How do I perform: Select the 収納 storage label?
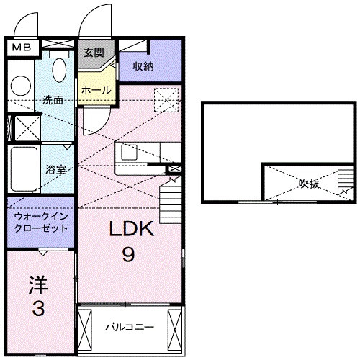coord(143,66)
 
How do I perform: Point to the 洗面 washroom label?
coord(52,100)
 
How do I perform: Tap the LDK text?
coord(132,230)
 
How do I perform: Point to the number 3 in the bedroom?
coord(38,310)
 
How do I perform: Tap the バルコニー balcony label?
coord(130,327)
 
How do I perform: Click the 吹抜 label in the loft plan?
coord(309,182)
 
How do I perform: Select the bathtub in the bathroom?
coord(22,169)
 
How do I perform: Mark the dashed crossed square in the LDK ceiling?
coord(166,99)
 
